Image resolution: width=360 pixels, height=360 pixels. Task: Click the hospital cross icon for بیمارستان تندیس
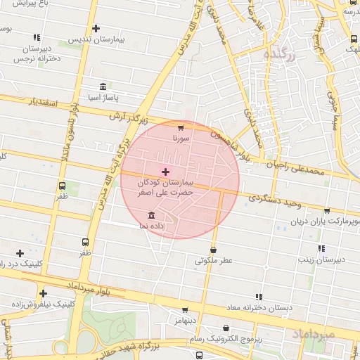point(96,29)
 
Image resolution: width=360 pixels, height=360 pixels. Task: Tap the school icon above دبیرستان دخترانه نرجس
point(37,38)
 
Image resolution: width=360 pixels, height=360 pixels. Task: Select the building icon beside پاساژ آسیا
point(103,87)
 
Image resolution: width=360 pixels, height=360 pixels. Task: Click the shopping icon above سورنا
point(181,128)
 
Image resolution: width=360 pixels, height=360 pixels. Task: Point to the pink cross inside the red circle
point(165,172)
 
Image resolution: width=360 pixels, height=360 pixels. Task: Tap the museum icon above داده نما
point(152,215)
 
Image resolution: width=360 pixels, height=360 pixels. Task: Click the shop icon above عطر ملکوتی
point(213,250)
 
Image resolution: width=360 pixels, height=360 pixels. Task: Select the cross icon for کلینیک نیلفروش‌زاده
point(44,293)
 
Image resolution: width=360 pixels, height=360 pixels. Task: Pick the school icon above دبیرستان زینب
point(321,248)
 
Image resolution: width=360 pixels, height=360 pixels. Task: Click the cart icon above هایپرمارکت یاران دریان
point(327,211)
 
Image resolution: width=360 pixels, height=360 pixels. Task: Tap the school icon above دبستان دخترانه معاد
point(258,297)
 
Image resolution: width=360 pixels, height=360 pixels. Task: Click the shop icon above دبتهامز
point(185,310)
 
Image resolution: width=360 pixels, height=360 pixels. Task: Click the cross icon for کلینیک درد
point(19,253)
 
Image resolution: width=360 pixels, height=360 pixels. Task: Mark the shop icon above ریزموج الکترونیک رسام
point(226,328)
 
